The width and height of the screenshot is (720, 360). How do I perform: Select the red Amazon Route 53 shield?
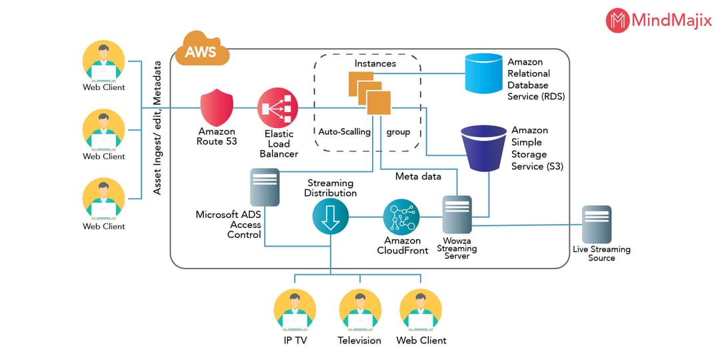[x=217, y=107]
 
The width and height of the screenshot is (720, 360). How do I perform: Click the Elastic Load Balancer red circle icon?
[x=277, y=108]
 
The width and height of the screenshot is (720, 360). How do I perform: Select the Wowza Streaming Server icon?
[x=457, y=215]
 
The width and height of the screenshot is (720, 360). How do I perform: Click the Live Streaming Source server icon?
[x=596, y=224]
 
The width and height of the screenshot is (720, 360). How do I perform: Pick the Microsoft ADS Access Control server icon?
[x=265, y=188]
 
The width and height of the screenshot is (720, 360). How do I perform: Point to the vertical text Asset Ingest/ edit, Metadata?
[x=158, y=128]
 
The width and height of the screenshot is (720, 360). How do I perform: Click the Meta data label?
[x=418, y=177]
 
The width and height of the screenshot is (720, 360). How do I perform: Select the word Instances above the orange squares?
[x=375, y=63]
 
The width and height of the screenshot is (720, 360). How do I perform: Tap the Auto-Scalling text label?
[x=344, y=132]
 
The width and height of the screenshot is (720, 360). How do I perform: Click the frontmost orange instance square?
[x=378, y=103]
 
